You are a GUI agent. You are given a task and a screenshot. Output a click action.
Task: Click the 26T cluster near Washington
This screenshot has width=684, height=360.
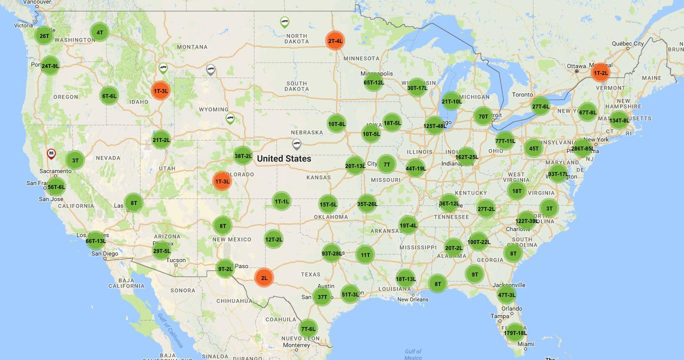(44, 35)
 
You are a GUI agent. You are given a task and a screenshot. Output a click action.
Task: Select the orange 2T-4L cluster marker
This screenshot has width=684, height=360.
(334, 40)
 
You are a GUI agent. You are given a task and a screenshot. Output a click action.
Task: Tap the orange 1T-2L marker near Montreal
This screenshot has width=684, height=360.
(600, 72)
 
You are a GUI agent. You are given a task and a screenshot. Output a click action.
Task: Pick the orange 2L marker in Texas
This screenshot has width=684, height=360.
(264, 277)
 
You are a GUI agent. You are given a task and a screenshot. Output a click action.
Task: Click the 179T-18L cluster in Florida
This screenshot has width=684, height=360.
(515, 332)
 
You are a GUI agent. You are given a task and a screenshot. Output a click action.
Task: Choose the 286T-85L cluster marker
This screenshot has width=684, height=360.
(582, 148)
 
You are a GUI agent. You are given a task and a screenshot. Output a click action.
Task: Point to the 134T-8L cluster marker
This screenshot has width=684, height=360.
(619, 120)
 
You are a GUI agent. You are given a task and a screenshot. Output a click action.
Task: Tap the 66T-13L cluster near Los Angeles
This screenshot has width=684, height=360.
(95, 240)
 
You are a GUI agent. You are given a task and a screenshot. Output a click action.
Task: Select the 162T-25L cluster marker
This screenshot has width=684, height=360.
(466, 156)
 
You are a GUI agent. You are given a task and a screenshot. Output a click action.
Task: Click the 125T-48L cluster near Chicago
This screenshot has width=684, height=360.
(434, 125)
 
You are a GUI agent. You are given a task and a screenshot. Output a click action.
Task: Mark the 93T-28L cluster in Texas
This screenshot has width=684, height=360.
(331, 253)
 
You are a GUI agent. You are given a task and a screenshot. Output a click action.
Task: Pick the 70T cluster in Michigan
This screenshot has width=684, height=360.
(483, 116)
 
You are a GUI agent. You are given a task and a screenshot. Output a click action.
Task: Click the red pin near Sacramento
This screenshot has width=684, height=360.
(51, 153)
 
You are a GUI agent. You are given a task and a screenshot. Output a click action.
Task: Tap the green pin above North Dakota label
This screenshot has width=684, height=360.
(284, 21)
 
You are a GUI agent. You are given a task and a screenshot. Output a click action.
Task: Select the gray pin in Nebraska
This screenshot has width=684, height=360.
(296, 143)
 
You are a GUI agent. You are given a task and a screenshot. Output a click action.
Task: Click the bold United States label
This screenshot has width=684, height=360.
(284, 158)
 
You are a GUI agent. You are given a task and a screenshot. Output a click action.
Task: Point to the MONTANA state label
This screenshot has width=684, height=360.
(192, 47)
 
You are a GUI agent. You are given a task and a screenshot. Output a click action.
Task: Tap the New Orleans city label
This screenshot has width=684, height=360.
(412, 299)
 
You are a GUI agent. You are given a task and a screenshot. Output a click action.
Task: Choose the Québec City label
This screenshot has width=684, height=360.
(628, 43)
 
